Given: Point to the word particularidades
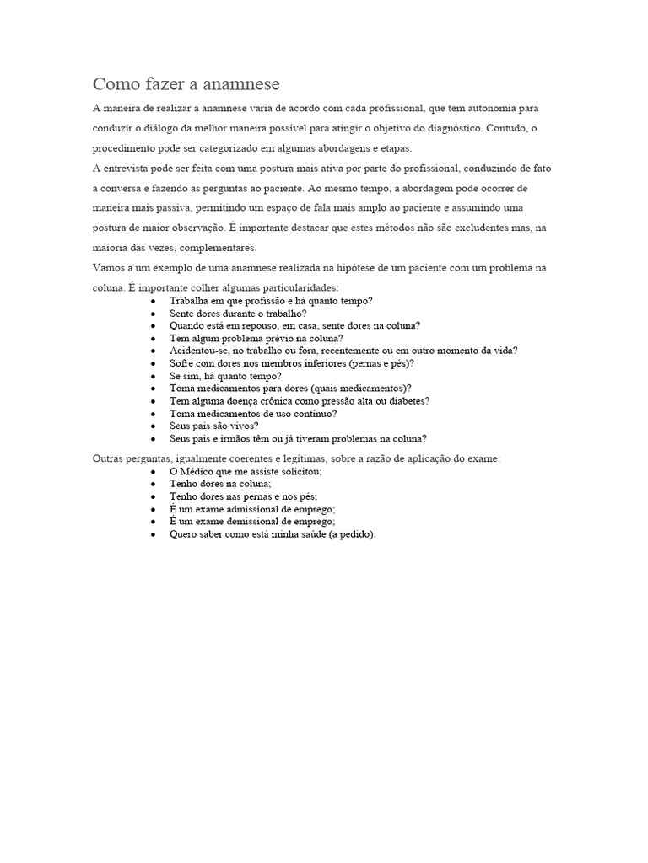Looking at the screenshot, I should (295, 287).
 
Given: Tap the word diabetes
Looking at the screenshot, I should (402, 401).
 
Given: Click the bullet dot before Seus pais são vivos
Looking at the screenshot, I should (153, 426).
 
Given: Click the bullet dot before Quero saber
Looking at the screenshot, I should (153, 534).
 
